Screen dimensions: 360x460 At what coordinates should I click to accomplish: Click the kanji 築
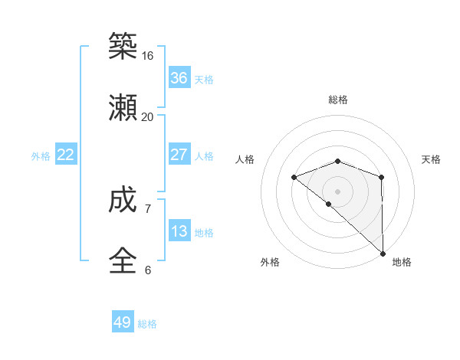coord(123,47)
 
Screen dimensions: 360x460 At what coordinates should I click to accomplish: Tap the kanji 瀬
coord(123,109)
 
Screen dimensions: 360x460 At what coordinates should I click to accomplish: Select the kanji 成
coord(123,201)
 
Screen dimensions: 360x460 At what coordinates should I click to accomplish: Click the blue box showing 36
coord(179,78)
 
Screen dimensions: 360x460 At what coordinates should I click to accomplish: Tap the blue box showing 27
coord(179,155)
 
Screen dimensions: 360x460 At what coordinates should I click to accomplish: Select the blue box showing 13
coord(179,231)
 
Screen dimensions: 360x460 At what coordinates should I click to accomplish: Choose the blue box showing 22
coord(66,155)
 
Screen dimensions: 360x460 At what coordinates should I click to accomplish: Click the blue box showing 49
coord(123,322)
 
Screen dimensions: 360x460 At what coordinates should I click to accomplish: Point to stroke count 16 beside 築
coord(148,56)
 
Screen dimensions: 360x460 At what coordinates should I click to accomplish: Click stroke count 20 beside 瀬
coord(148,117)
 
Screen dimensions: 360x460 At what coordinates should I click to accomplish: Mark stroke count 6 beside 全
coord(148,270)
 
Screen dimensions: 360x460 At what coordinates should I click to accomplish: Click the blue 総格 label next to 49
coord(147,324)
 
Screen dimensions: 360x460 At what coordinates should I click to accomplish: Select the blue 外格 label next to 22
coord(41,156)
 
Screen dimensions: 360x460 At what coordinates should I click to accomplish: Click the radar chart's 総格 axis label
coord(338,100)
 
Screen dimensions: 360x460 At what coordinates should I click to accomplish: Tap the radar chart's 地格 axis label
coord(402,262)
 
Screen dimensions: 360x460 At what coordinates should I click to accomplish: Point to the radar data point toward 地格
coord(383,253)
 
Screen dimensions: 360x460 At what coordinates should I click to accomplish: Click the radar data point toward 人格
coord(294,177)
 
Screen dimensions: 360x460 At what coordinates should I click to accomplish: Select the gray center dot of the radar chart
coord(338,191)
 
